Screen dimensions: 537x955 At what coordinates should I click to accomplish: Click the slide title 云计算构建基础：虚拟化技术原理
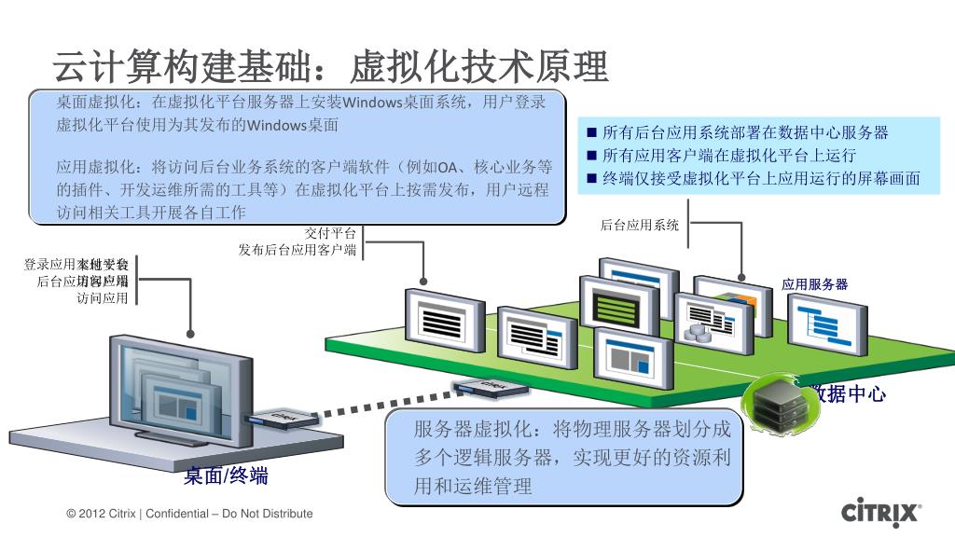(330, 67)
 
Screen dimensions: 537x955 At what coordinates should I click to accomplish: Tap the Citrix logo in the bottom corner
(881, 513)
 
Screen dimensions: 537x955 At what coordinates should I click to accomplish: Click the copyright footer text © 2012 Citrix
(190, 514)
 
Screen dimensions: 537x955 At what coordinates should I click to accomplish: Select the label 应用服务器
(814, 284)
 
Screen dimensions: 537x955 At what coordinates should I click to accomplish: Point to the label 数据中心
(847, 394)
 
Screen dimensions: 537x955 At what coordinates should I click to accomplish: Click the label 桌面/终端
(226, 475)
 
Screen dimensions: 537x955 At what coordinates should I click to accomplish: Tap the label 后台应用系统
(640, 225)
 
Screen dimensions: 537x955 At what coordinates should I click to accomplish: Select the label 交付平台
(331, 233)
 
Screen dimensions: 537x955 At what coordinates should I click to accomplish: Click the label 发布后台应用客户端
(298, 250)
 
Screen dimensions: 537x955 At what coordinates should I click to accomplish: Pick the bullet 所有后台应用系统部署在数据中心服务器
(745, 132)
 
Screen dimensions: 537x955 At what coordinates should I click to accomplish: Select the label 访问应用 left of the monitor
(102, 298)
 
